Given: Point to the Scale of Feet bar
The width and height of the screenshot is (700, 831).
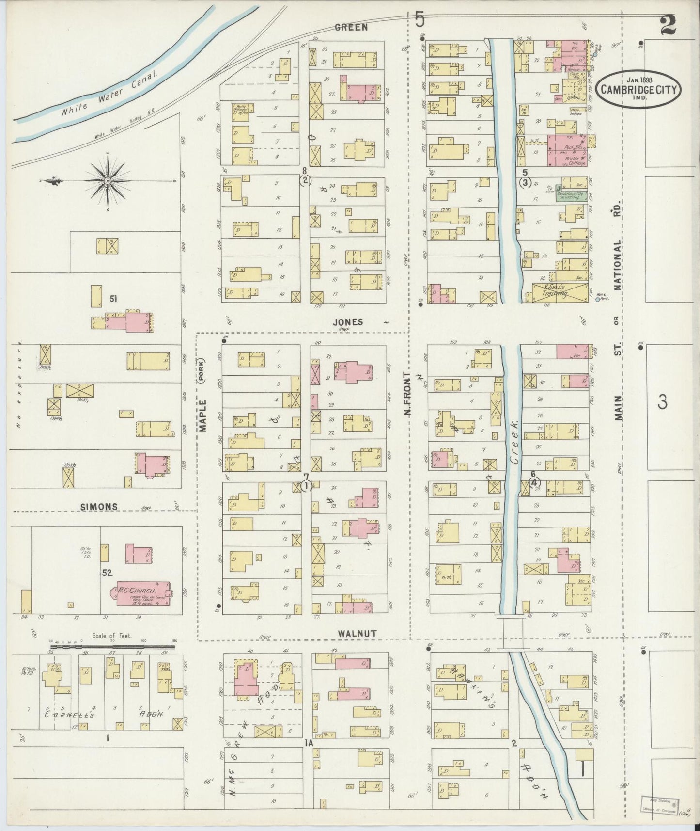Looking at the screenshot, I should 112,646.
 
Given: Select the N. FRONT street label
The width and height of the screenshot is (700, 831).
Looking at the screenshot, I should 408,394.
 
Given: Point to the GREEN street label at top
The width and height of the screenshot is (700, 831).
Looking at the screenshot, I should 351,28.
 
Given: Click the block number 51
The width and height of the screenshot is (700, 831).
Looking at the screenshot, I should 113,299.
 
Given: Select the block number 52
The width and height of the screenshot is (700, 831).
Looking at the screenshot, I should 107,573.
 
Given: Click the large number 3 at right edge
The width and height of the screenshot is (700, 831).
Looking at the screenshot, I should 663,402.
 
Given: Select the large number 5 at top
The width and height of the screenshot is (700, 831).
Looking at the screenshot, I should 420,19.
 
